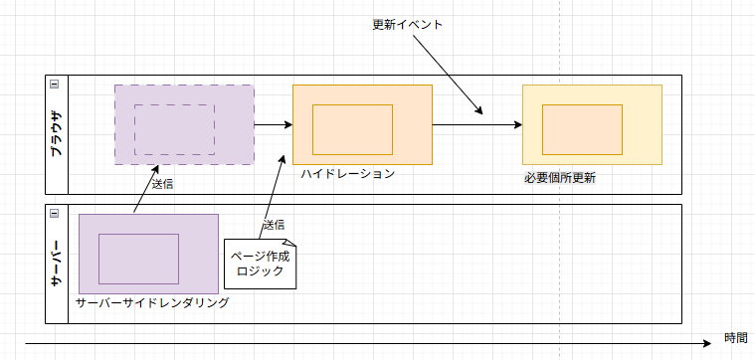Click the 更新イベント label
point(408,25)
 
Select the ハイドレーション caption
point(347,174)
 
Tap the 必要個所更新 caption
point(560,179)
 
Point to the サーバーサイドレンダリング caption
point(152,302)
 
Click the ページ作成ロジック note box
point(260,264)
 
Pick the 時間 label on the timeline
point(736,338)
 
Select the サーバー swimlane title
point(57,264)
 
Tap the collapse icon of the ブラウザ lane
point(55,85)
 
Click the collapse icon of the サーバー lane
point(55,214)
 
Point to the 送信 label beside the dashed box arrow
point(163,184)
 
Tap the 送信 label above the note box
point(274,225)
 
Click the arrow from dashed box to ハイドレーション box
point(274,125)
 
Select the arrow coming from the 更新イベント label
point(448,75)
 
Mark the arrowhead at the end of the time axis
point(707,343)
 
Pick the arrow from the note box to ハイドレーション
point(272,197)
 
